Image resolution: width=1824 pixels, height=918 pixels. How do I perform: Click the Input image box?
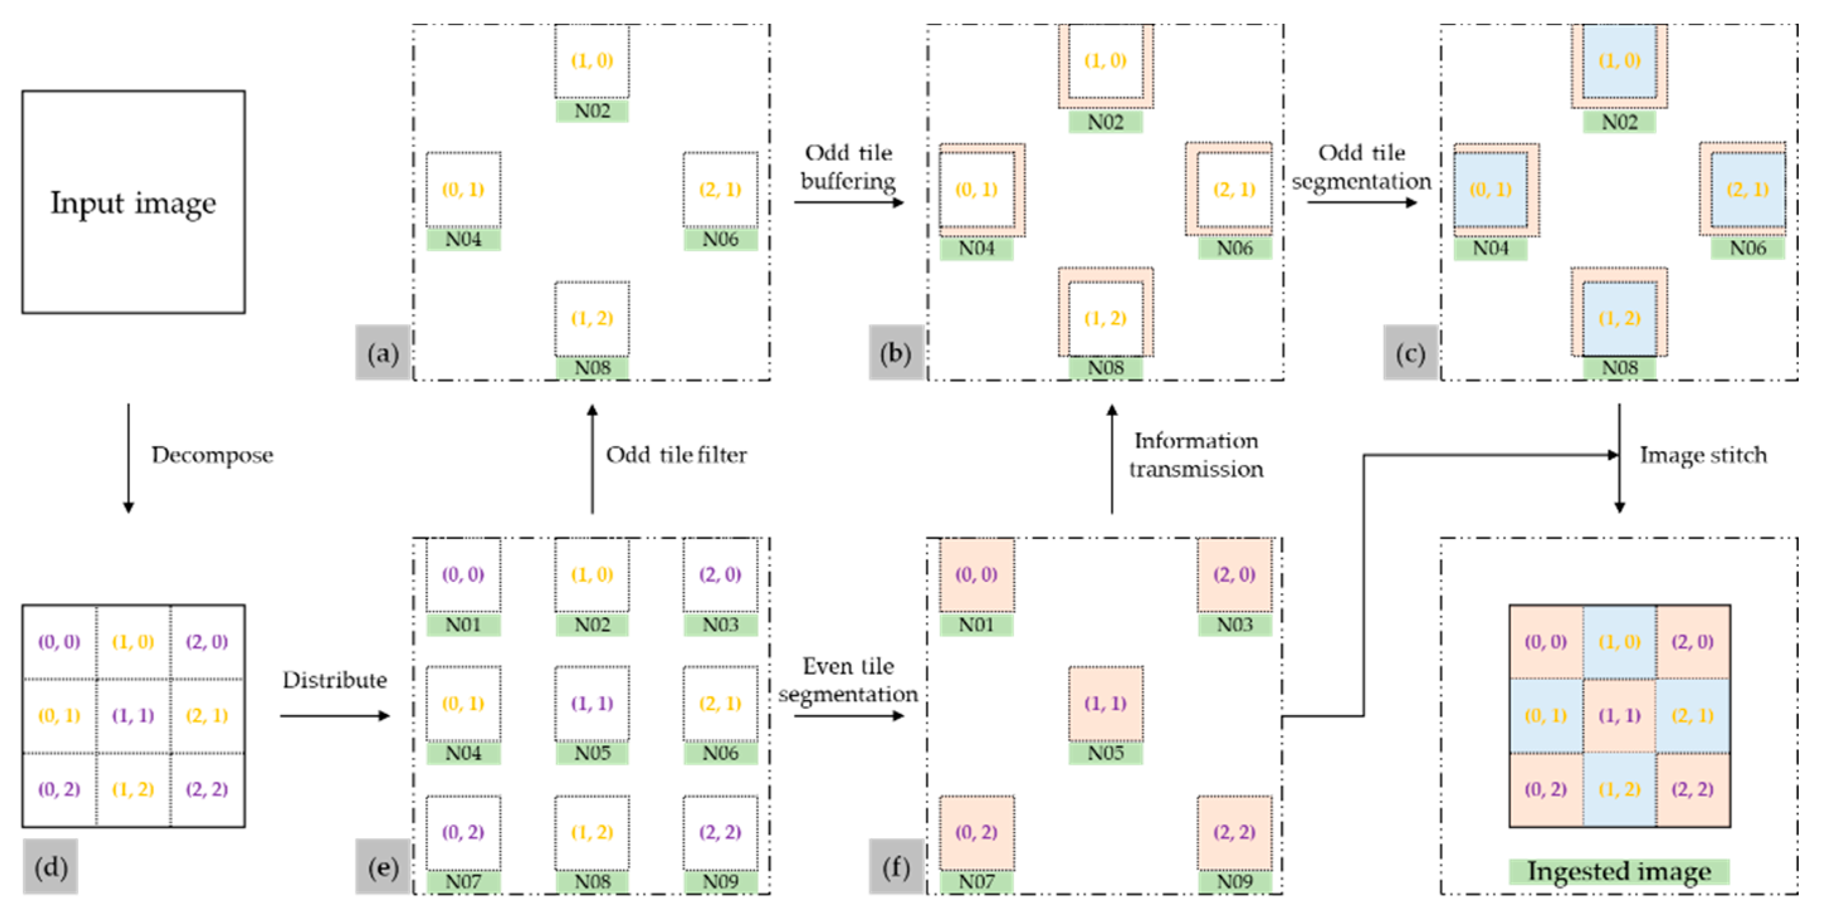click(133, 202)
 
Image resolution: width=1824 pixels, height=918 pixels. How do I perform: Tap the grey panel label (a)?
click(382, 352)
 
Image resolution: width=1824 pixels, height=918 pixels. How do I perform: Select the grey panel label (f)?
click(896, 866)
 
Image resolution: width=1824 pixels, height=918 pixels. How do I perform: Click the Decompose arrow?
click(128, 457)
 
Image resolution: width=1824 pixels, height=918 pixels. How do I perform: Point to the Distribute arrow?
click(334, 716)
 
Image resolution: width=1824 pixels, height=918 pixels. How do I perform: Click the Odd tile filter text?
click(675, 454)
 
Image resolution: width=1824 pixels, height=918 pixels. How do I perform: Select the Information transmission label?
click(1195, 454)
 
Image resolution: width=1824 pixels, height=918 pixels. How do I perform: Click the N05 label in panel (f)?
click(1105, 752)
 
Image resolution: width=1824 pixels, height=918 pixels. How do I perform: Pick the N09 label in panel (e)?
click(720, 881)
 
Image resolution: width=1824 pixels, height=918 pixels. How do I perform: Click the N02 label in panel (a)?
click(592, 111)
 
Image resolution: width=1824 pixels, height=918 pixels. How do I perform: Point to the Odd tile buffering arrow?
click(848, 202)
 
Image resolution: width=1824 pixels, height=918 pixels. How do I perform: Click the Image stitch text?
click(1703, 454)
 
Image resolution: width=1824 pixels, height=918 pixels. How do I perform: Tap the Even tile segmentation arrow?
click(848, 716)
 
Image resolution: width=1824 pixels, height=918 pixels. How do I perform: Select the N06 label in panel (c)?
click(1747, 248)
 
